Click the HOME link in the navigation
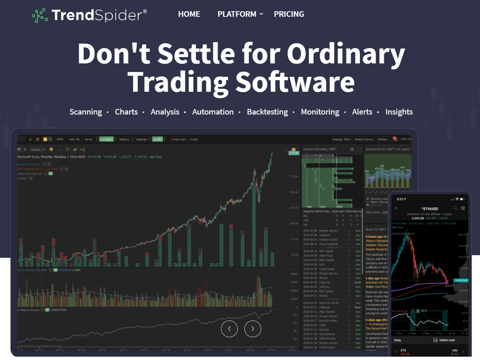(189, 14)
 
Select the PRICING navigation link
(289, 14)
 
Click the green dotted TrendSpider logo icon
(40, 15)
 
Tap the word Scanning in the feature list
(85, 112)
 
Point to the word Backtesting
(267, 112)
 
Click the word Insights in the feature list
(399, 112)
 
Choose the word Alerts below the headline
(362, 112)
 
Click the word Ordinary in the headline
(345, 54)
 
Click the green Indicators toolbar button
(106, 139)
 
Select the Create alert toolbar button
(179, 139)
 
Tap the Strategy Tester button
(341, 139)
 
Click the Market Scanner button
(363, 139)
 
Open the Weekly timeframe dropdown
(37, 149)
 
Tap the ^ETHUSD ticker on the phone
(430, 209)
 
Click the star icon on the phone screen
(463, 208)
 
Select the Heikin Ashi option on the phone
(446, 340)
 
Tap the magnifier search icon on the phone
(455, 208)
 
